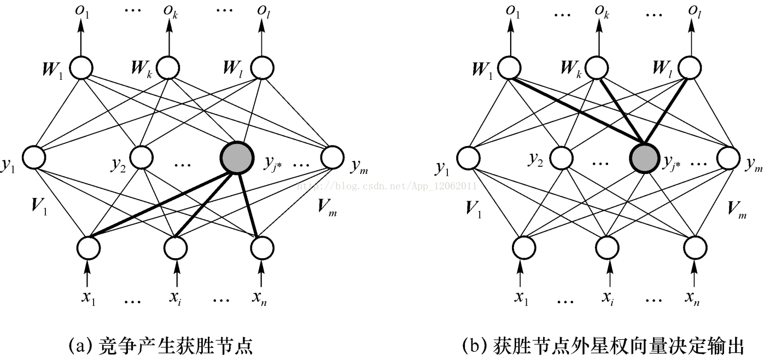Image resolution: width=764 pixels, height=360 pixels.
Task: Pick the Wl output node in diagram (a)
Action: [x=262, y=68]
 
